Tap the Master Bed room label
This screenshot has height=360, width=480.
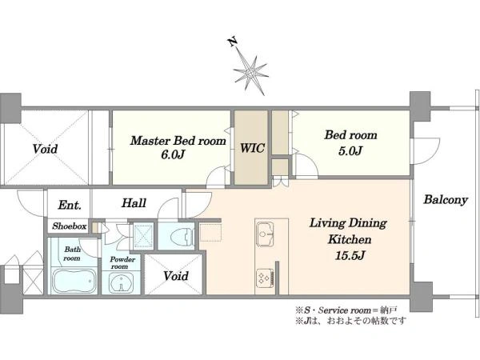click(x=178, y=141)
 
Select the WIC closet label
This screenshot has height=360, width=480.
click(x=252, y=148)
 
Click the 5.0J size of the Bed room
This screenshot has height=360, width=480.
click(x=350, y=150)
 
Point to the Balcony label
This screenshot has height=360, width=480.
click(x=446, y=200)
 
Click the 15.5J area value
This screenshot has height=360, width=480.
click(x=350, y=255)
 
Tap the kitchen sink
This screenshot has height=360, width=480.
click(x=265, y=234)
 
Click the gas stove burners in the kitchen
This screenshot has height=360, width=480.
click(x=265, y=278)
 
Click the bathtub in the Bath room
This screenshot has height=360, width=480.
click(x=74, y=280)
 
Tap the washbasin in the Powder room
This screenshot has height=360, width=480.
click(x=122, y=283)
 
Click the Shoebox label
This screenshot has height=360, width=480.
click(x=69, y=226)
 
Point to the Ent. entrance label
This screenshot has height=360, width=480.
click(x=70, y=205)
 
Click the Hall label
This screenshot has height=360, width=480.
click(x=134, y=203)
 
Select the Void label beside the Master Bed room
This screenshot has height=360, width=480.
click(x=45, y=149)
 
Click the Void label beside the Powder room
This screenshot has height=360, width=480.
click(x=176, y=276)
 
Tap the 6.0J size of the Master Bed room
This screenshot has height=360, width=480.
click(x=174, y=154)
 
